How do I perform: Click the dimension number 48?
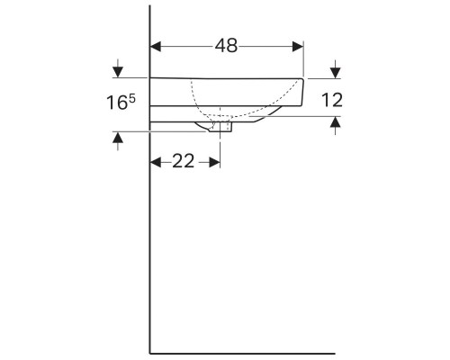[x=226, y=46]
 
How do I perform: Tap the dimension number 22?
[x=184, y=161]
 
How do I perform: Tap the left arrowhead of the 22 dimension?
[x=155, y=161]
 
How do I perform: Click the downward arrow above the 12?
[x=335, y=70]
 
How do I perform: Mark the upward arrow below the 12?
[x=335, y=127]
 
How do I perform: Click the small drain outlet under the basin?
[x=223, y=128]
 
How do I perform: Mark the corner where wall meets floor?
[x=149, y=351]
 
